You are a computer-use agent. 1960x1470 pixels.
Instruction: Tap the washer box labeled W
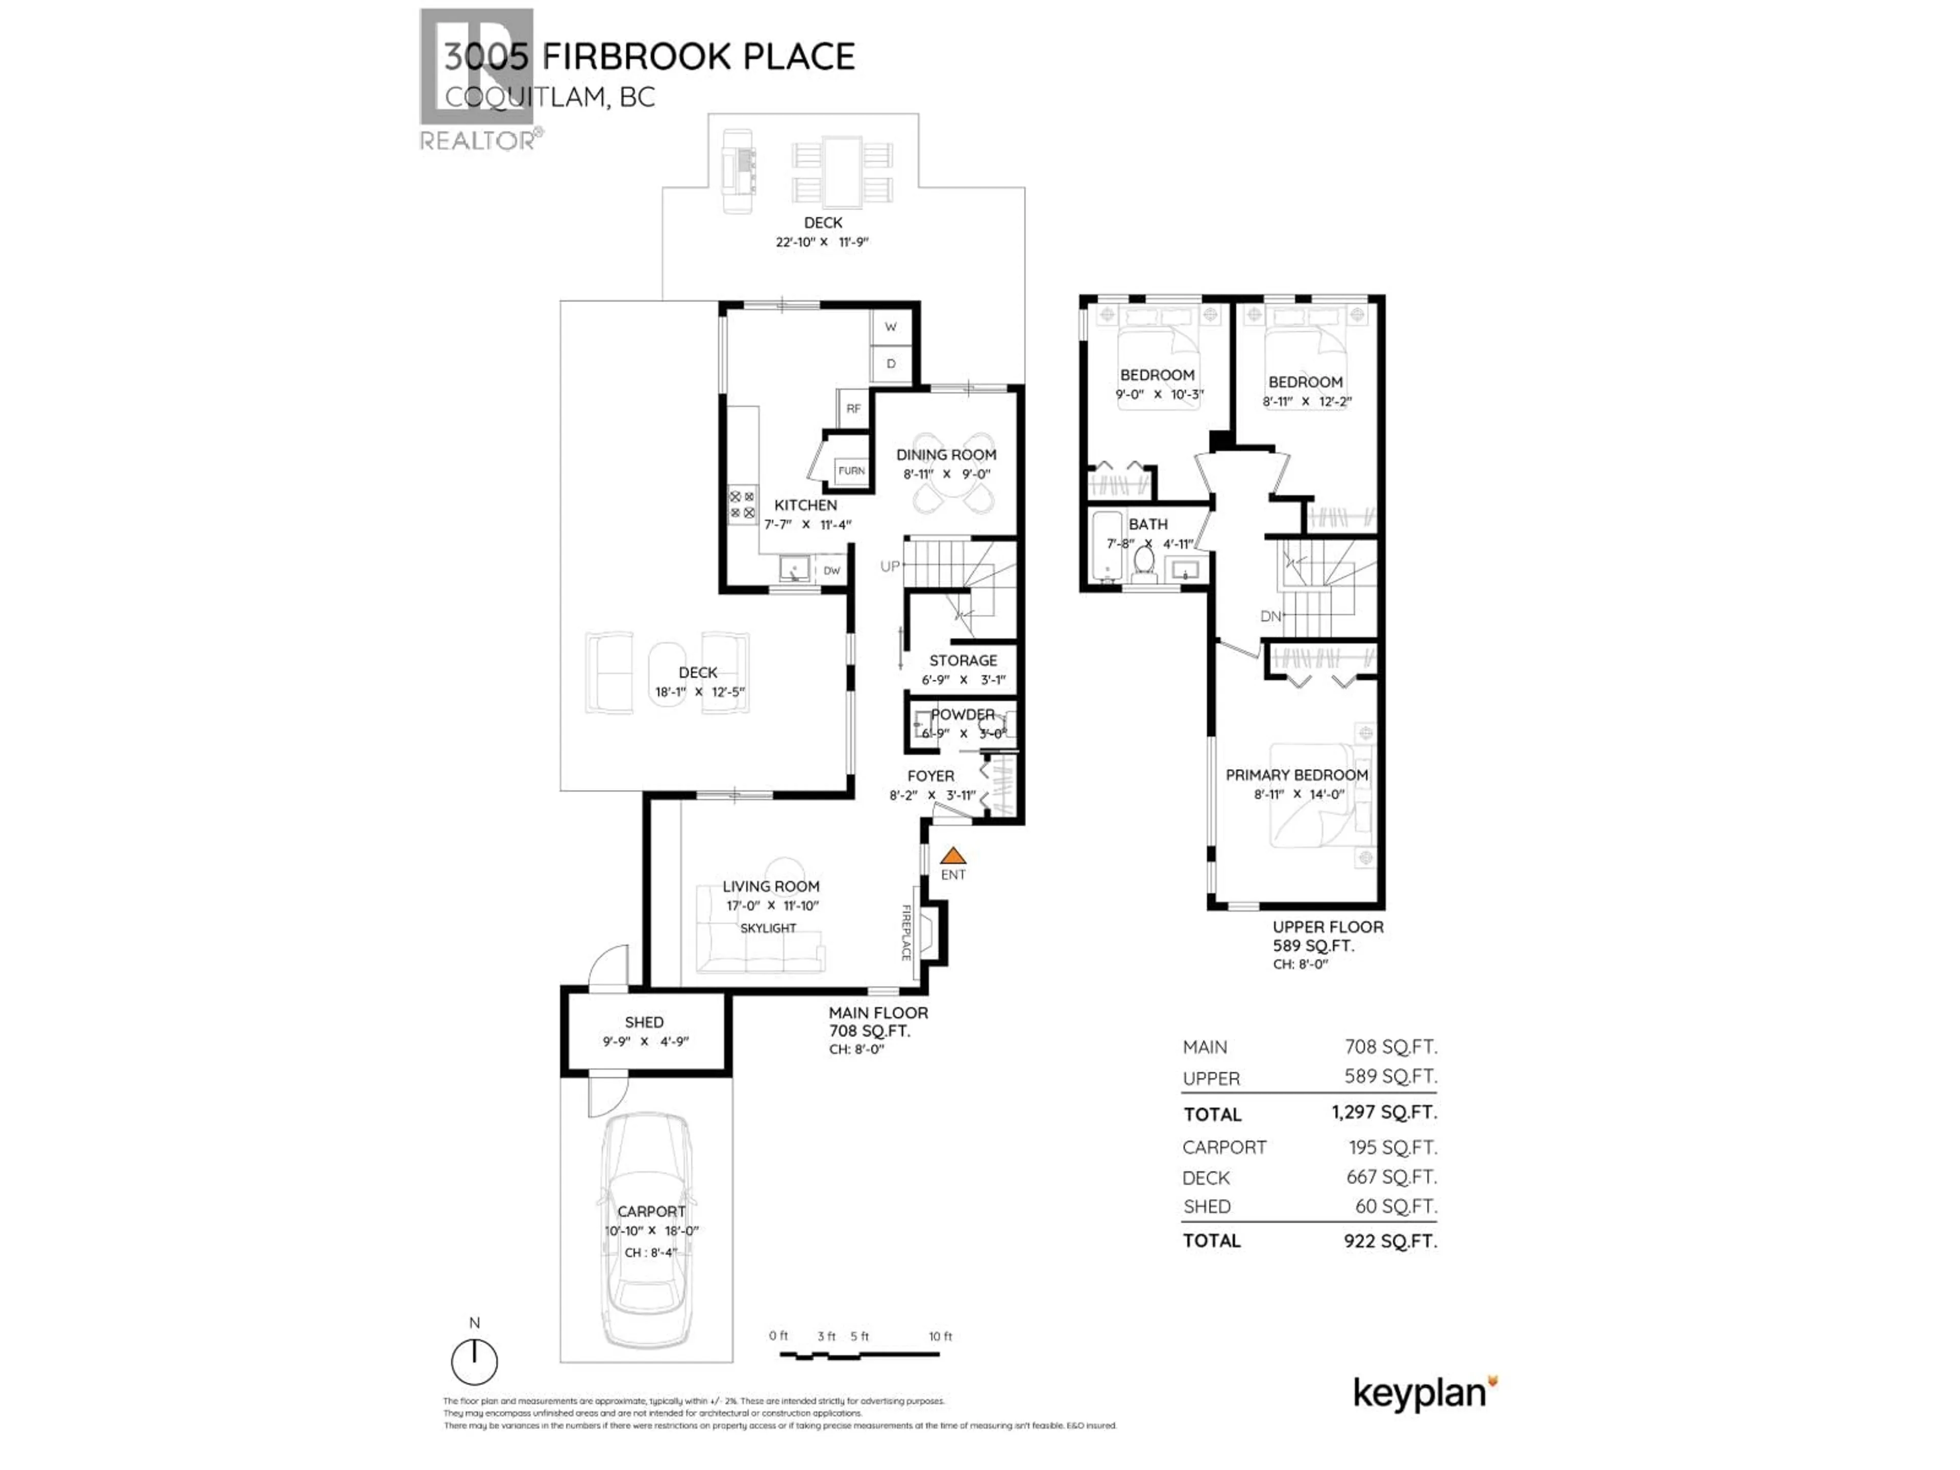pos(891,327)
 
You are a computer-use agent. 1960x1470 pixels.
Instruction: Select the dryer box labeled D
pos(891,363)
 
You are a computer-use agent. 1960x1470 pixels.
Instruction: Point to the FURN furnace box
pos(851,471)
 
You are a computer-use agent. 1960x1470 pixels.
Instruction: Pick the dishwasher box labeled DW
pos(831,571)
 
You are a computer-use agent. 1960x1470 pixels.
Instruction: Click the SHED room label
pos(644,1022)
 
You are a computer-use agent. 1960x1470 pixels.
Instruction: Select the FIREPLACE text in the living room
pos(905,932)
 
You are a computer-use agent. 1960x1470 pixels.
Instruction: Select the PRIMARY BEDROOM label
pos(1296,774)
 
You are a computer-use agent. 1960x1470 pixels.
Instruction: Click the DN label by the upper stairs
pos(1270,616)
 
